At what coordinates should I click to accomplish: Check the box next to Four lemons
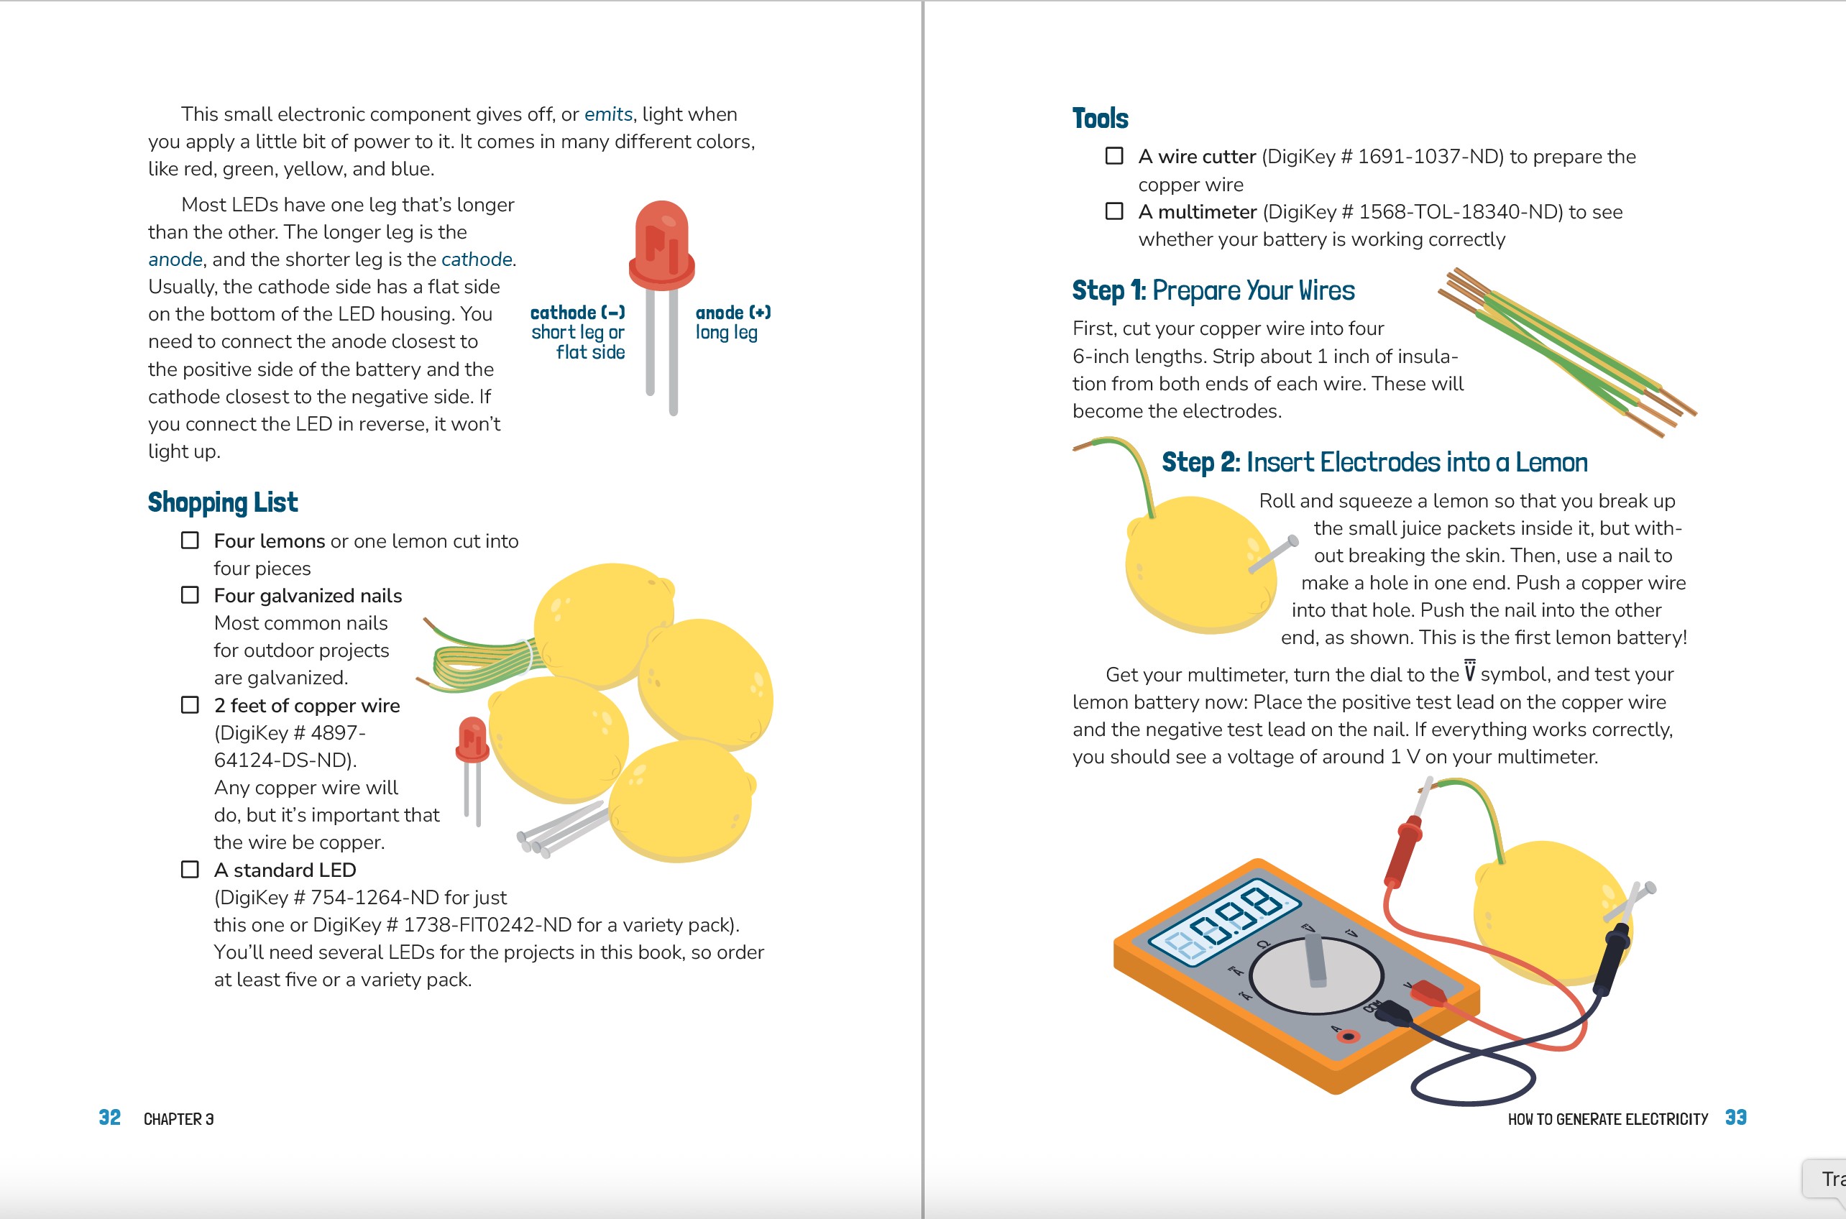tap(190, 540)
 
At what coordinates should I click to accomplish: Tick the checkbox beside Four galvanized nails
tap(190, 594)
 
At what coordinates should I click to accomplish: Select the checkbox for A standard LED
tap(190, 869)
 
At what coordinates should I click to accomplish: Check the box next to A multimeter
tap(1114, 211)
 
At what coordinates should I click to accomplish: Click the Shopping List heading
tap(222, 502)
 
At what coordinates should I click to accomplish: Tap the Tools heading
tap(1100, 118)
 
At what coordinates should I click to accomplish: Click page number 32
tap(110, 1117)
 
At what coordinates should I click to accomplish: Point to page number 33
tap(1735, 1117)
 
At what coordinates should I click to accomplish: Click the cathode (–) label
tap(577, 313)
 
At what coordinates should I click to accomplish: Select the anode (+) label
tap(733, 313)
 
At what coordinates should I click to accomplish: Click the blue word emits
tap(608, 114)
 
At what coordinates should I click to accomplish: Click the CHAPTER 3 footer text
tap(179, 1118)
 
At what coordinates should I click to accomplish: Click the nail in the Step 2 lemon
tap(1273, 555)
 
